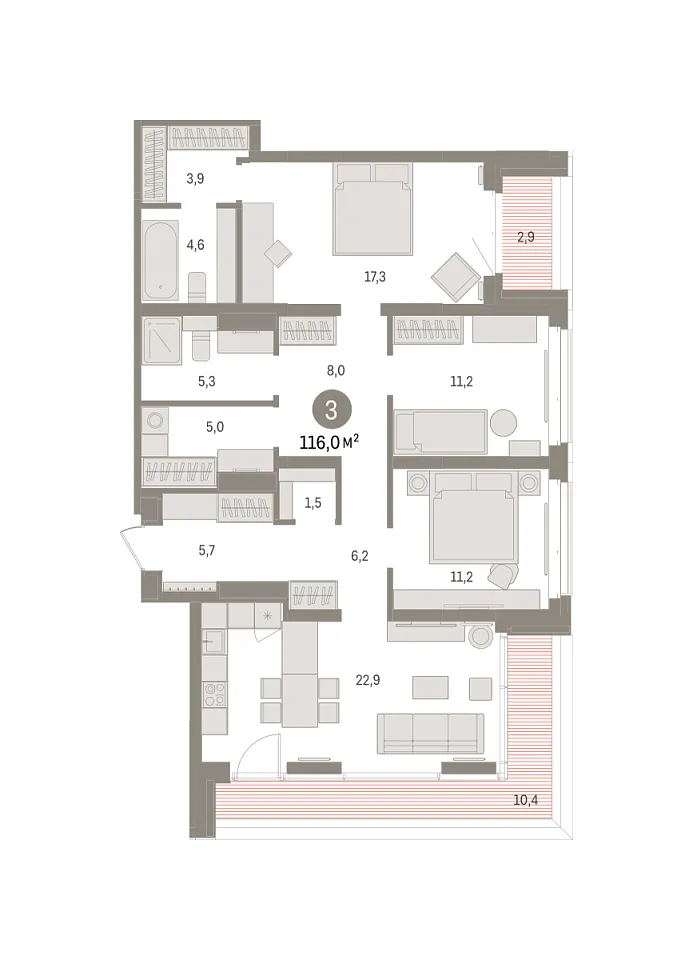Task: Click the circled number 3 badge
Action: pyautogui.click(x=331, y=410)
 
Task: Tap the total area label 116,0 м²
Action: pyautogui.click(x=329, y=442)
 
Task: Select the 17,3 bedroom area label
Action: pyautogui.click(x=375, y=277)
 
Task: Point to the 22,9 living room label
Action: pyautogui.click(x=368, y=680)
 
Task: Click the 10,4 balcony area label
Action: pyautogui.click(x=525, y=800)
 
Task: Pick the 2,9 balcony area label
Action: pyautogui.click(x=526, y=236)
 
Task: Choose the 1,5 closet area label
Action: pyautogui.click(x=313, y=503)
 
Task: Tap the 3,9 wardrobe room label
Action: pyautogui.click(x=195, y=179)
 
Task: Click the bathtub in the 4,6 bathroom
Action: pyautogui.click(x=160, y=260)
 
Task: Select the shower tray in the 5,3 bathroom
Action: pyautogui.click(x=162, y=340)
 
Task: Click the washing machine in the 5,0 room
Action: pyautogui.click(x=154, y=421)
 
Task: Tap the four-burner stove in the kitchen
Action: pyautogui.click(x=214, y=694)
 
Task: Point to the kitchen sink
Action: pyautogui.click(x=214, y=642)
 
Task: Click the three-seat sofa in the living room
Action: pyautogui.click(x=430, y=733)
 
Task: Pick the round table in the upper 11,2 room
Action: pyautogui.click(x=503, y=422)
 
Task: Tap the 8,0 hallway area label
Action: pyautogui.click(x=335, y=370)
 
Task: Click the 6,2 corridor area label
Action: pyautogui.click(x=359, y=556)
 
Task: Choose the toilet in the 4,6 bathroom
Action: pyautogui.click(x=197, y=286)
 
